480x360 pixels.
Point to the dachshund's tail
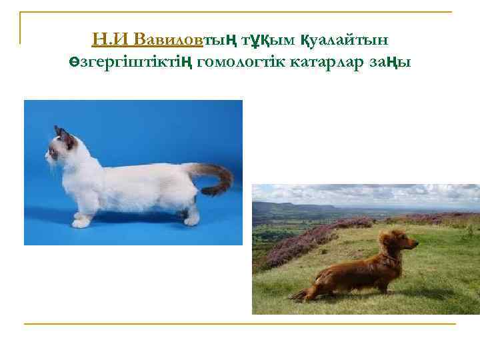[304, 292]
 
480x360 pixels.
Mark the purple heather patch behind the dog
[300, 240]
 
